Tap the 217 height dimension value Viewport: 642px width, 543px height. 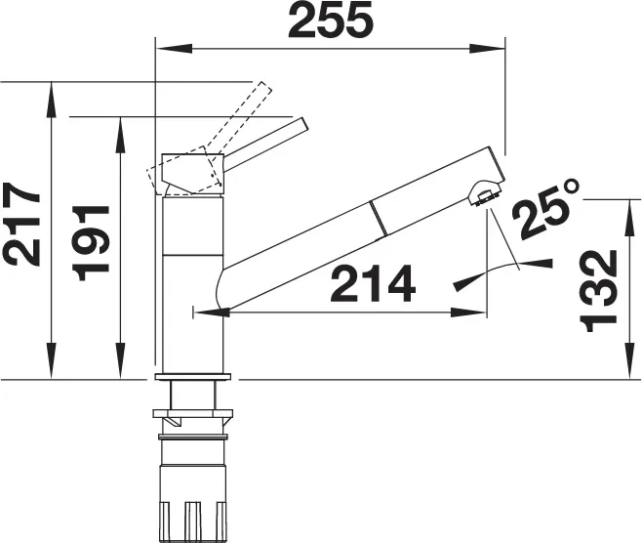coord(23,225)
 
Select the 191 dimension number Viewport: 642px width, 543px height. coord(90,242)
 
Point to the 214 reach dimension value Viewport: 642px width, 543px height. coord(373,283)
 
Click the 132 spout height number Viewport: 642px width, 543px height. coord(599,291)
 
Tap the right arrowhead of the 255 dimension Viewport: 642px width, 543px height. coord(487,49)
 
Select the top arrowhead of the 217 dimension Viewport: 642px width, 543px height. coord(51,100)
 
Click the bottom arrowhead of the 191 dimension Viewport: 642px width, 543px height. coord(120,360)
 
